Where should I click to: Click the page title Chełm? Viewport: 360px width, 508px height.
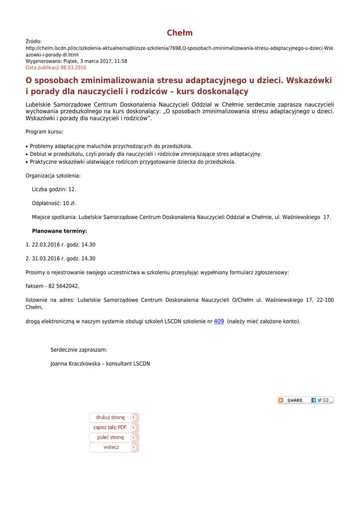coord(180,33)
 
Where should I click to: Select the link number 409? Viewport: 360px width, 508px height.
coord(218,321)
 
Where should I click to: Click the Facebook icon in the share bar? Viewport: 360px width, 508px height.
coord(314,400)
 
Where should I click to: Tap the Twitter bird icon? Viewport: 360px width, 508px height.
coord(320,400)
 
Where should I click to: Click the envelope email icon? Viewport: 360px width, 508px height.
coord(326,400)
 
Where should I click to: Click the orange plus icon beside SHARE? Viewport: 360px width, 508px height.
coord(281,400)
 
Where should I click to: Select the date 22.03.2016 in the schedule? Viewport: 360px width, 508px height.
coord(46,245)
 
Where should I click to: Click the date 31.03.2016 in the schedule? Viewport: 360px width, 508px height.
coord(46,258)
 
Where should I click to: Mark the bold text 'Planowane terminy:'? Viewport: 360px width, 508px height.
coord(60,231)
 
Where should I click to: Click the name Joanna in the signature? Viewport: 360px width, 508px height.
coord(60,364)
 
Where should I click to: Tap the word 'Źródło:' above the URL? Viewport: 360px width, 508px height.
coord(34,42)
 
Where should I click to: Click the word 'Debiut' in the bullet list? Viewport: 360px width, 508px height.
coord(39,154)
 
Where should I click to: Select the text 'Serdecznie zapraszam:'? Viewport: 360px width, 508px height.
coord(78,350)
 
